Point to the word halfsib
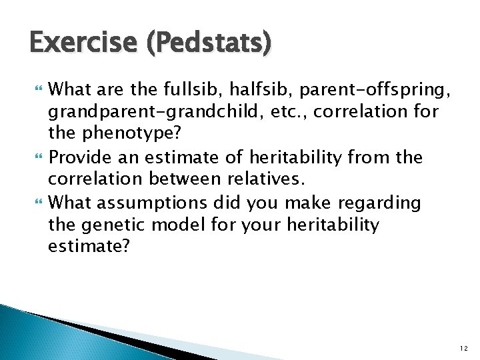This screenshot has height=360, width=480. [x=259, y=89]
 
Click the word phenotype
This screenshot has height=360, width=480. [x=130, y=133]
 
